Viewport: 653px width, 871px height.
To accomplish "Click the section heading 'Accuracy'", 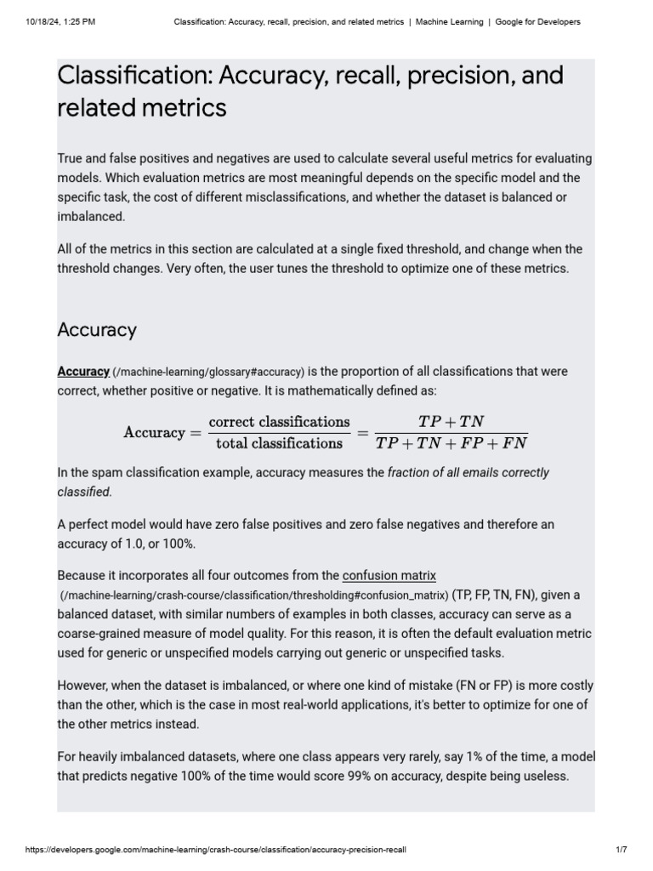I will tap(97, 330).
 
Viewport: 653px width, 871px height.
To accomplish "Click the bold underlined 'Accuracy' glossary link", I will tap(83, 372).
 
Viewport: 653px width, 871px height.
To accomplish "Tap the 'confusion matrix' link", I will tap(389, 576).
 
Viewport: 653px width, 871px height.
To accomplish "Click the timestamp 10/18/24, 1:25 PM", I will tap(60, 22).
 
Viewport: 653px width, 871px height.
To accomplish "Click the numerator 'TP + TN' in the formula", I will tap(451, 422).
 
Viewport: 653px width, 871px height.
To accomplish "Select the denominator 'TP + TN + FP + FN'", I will tap(451, 443).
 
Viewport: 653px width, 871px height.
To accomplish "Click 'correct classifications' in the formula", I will tap(280, 422).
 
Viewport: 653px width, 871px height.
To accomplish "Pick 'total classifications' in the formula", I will tap(280, 443).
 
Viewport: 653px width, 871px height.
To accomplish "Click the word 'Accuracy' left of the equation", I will tap(154, 432).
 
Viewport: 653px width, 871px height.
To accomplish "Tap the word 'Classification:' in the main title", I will tap(134, 76).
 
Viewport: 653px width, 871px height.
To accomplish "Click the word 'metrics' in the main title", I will tap(191, 108).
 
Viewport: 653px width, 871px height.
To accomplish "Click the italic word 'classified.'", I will tap(84, 492).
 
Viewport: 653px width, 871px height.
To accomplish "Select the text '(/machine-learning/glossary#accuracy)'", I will tap(208, 373).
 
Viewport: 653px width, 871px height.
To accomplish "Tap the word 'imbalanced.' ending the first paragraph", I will tap(91, 216).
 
